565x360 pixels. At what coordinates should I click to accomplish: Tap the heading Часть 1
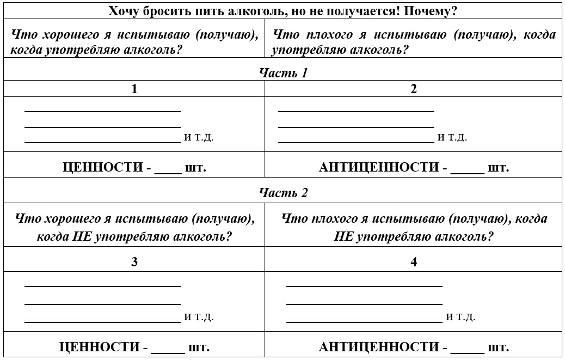(x=283, y=73)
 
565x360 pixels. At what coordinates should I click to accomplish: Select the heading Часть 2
(x=283, y=193)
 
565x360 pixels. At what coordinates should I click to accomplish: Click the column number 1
(x=134, y=89)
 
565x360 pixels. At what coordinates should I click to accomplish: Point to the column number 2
(x=414, y=89)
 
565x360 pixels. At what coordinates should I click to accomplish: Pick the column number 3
(x=134, y=262)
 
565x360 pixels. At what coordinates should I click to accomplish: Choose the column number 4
(x=414, y=262)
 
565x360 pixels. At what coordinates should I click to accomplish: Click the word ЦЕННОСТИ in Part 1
(x=103, y=167)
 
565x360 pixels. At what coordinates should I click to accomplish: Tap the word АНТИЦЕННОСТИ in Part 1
(x=379, y=167)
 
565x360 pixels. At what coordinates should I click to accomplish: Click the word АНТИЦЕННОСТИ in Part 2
(x=379, y=347)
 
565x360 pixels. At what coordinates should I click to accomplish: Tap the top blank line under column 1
(x=102, y=111)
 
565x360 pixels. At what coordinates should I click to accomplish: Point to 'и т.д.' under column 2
(x=452, y=137)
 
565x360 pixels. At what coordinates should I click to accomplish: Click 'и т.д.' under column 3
(x=199, y=317)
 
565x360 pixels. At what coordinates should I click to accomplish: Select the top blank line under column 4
(x=364, y=285)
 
